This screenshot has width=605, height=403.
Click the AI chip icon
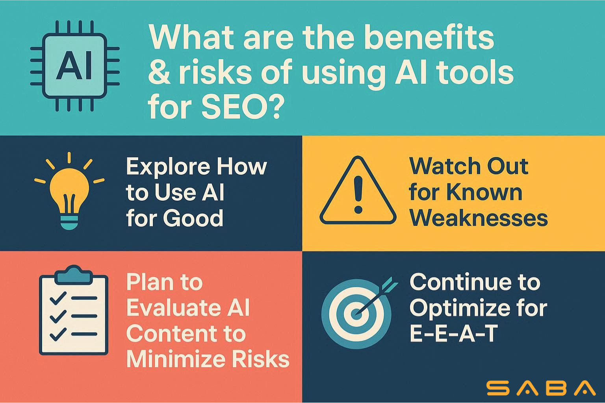coord(75,66)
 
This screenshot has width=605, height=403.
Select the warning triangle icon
coord(358,190)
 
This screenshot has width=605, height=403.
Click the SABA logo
coord(541,388)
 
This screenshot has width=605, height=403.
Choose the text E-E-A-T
coord(454,334)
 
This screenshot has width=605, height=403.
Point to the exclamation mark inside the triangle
coord(358,195)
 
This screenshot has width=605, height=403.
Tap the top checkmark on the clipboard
coord(58,298)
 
